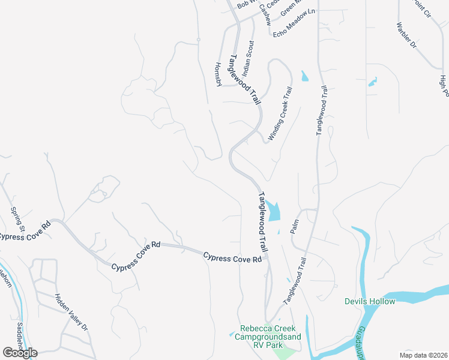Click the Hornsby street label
coord(218,74)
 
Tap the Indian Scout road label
coord(248,58)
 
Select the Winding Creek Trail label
coord(280,114)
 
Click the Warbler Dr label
coord(406,35)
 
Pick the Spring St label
coord(17,220)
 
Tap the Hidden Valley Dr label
coord(71,312)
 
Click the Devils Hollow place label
coord(370,301)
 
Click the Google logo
coord(20,352)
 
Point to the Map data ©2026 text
coord(423,355)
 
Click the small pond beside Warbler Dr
coord(372,81)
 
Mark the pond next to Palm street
coord(274,211)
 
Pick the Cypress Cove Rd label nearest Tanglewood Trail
coord(232,257)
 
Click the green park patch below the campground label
coord(284,354)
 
